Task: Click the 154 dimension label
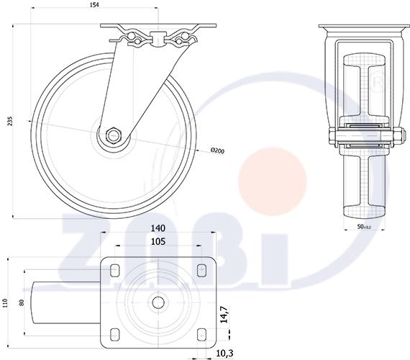coord(94,5)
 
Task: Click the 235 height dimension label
coord(10,121)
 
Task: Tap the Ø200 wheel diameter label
coord(217,150)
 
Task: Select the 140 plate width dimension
coord(158,228)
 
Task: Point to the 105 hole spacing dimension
coord(158,241)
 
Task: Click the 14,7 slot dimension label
coord(225,315)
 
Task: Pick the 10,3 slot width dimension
coord(224,354)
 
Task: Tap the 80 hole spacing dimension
coord(22,302)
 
